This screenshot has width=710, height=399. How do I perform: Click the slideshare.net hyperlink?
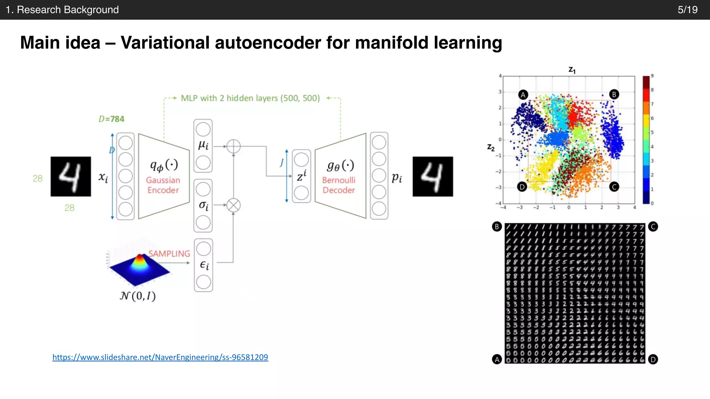point(160,357)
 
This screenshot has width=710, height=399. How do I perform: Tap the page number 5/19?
point(687,10)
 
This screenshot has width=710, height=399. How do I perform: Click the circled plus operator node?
point(233,146)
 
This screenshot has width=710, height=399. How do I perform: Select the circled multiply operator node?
point(233,205)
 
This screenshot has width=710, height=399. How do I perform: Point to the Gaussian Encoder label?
point(163,185)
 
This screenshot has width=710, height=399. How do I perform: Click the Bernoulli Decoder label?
point(339,185)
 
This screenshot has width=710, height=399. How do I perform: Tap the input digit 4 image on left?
point(71,177)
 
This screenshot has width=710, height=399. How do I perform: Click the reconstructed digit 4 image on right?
point(433,177)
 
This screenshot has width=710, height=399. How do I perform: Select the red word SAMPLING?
point(169,254)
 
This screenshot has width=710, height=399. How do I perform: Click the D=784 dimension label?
point(111,119)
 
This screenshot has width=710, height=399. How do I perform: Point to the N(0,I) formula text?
point(138,296)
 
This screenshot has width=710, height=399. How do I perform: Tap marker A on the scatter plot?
point(523,95)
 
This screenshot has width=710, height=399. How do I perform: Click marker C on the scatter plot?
point(614,187)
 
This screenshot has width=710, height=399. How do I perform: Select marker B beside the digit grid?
point(497,227)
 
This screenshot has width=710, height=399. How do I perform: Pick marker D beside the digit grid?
point(653,360)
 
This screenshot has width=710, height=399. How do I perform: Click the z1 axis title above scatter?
point(572,70)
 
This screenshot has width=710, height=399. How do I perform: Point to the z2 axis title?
point(491,148)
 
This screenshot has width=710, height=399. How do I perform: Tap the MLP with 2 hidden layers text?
point(250,98)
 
